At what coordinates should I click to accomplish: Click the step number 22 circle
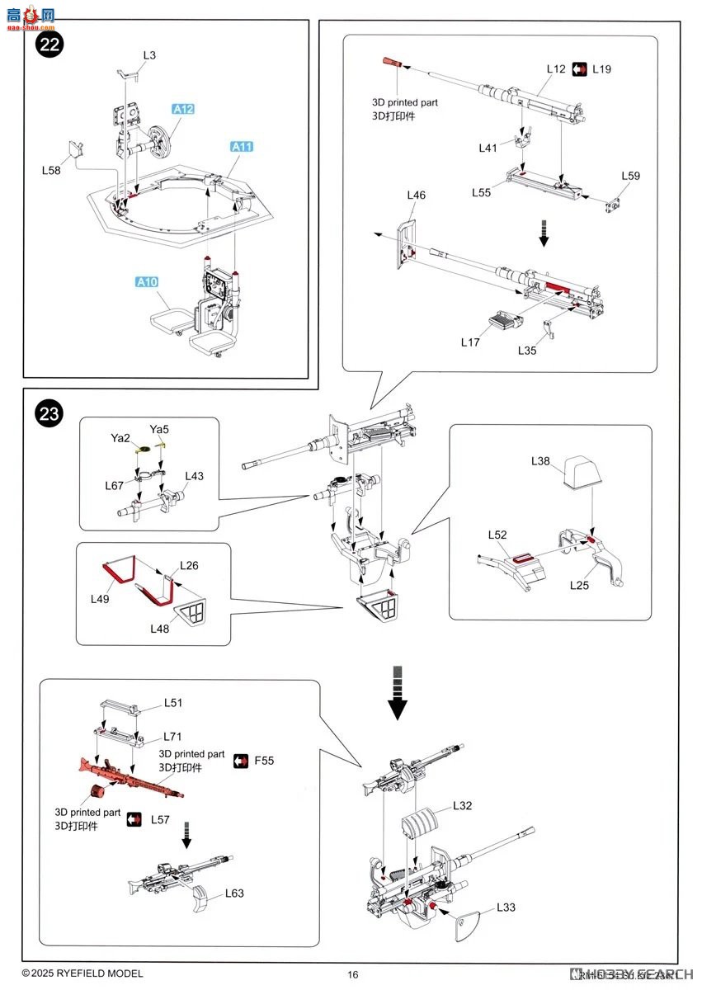pyautogui.click(x=49, y=45)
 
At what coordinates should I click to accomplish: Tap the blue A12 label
pyautogui.click(x=183, y=109)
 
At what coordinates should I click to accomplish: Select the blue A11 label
pyautogui.click(x=242, y=147)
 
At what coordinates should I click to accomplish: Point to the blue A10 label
pyautogui.click(x=146, y=282)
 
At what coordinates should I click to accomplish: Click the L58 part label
pyautogui.click(x=52, y=170)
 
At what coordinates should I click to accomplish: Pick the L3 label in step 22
pyautogui.click(x=148, y=55)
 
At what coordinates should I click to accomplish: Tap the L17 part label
pyautogui.click(x=471, y=342)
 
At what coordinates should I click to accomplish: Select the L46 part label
pyautogui.click(x=416, y=196)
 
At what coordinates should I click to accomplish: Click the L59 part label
pyautogui.click(x=630, y=176)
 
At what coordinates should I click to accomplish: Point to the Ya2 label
pyautogui.click(x=120, y=437)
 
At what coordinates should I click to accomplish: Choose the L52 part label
pyautogui.click(x=497, y=535)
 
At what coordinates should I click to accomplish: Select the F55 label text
pyautogui.click(x=265, y=760)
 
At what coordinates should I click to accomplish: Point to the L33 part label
pyautogui.click(x=506, y=907)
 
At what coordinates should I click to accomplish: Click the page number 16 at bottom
pyautogui.click(x=353, y=974)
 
